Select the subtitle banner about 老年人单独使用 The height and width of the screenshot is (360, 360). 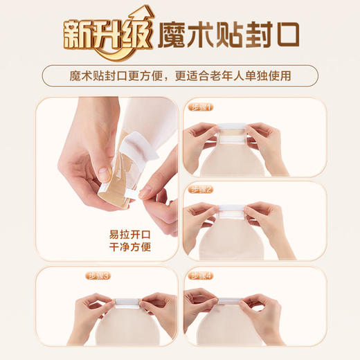click(x=179, y=75)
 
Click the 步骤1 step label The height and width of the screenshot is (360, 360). click(x=202, y=107)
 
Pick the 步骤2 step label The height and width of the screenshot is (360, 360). click(x=202, y=189)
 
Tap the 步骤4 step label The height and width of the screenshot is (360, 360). click(x=202, y=275)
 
